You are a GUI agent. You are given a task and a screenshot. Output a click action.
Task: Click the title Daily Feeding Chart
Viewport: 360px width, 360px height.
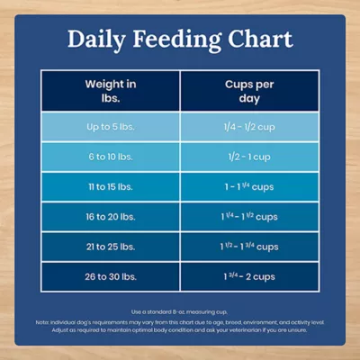click(180, 40)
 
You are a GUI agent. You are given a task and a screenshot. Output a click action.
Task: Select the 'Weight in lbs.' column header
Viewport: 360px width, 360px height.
click(111, 90)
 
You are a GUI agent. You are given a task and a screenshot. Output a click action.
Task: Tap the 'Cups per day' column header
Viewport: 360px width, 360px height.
click(249, 90)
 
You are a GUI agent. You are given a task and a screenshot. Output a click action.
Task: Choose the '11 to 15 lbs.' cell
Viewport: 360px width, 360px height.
click(111, 186)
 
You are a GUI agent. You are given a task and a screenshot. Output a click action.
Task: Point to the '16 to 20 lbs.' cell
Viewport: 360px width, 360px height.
click(111, 216)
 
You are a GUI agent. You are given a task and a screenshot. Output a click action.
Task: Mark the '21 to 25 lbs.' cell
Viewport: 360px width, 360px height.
click(111, 246)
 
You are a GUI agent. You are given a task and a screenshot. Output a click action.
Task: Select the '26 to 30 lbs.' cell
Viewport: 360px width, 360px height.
click(111, 275)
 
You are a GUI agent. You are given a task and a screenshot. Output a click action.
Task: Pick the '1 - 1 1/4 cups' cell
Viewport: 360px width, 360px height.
click(249, 186)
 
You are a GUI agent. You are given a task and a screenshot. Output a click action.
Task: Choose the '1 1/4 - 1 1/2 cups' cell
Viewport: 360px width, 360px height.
click(249, 216)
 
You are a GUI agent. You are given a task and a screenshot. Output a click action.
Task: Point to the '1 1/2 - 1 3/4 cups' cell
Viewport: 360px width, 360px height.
click(249, 246)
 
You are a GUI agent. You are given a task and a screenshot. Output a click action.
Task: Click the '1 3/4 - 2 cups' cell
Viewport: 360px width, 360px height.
click(249, 275)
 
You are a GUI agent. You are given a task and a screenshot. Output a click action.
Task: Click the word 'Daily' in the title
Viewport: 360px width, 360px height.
click(101, 40)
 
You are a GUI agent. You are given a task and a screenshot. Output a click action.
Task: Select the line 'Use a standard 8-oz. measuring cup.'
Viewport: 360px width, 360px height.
click(180, 309)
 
